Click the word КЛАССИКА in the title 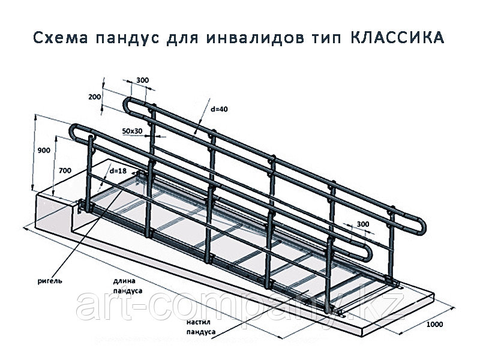(397, 38)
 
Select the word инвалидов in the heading (256, 38)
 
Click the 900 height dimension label (44, 151)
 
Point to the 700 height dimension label (65, 170)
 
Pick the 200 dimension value (95, 97)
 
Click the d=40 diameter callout (220, 109)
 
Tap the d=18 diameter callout (118, 171)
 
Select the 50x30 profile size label (132, 131)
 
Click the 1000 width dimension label (434, 324)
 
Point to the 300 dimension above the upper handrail (142, 80)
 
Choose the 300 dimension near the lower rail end (363, 224)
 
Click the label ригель (50, 281)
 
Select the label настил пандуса (201, 327)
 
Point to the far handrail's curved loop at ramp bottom (421, 227)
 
